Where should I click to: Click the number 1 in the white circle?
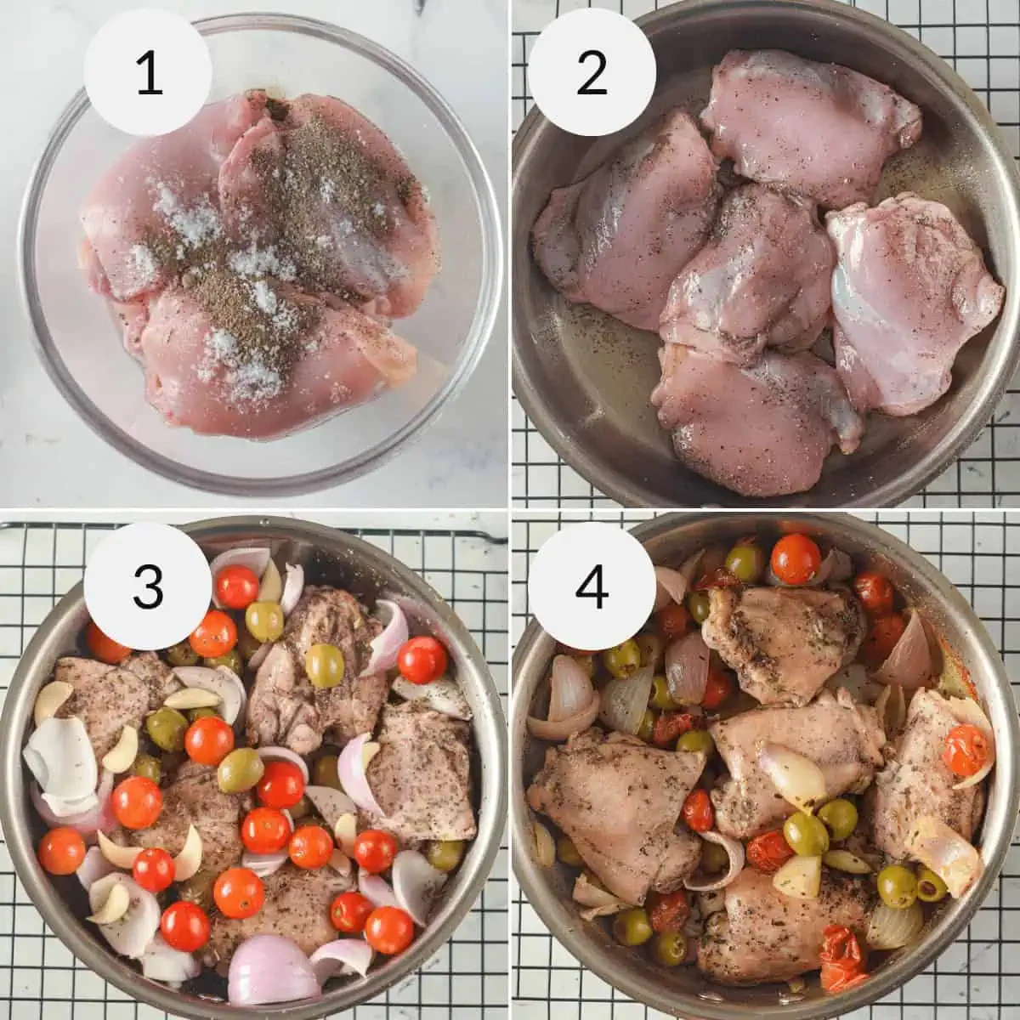pos(150,74)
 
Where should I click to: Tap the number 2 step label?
pos(592,74)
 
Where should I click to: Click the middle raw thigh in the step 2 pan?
pos(748,272)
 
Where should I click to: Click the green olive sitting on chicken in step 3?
pos(324,665)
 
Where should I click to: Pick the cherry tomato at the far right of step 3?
pos(423,660)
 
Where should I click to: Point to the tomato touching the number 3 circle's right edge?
pos(236,587)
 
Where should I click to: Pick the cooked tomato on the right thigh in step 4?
pos(966,750)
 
